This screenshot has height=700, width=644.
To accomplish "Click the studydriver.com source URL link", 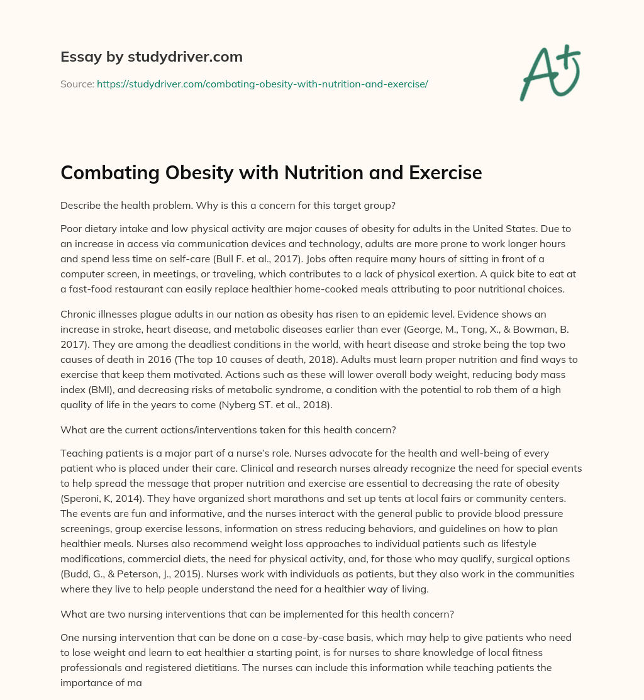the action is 262,84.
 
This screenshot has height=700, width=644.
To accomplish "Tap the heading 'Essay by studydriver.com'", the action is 151,57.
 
